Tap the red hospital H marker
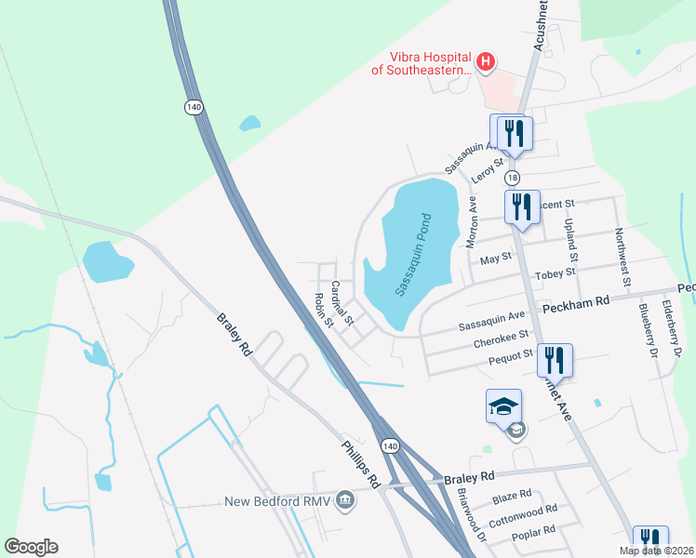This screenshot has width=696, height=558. pos(485,62)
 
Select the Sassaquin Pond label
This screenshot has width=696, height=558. pos(414,255)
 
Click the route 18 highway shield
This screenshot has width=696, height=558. pos(512,178)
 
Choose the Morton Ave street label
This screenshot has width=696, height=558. pos(472,221)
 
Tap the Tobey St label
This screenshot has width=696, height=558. pos(555,273)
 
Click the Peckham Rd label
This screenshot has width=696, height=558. pos(582,301)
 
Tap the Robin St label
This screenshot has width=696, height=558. pos(323,310)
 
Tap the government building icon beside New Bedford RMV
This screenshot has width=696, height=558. pos(345,501)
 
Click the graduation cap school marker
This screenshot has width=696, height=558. pos(503,406)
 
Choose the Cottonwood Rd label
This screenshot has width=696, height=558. pos(522,514)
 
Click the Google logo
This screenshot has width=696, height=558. pos(31,547)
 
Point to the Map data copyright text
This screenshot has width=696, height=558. pos(656,551)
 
